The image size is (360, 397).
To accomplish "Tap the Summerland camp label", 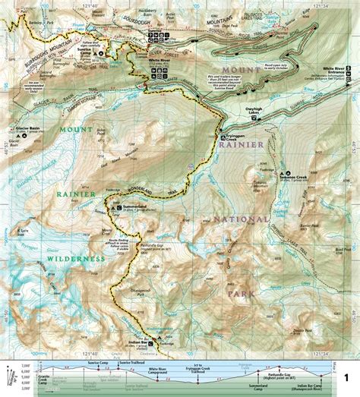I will tap(134, 208).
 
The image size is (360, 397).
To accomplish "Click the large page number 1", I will tap(346, 377).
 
